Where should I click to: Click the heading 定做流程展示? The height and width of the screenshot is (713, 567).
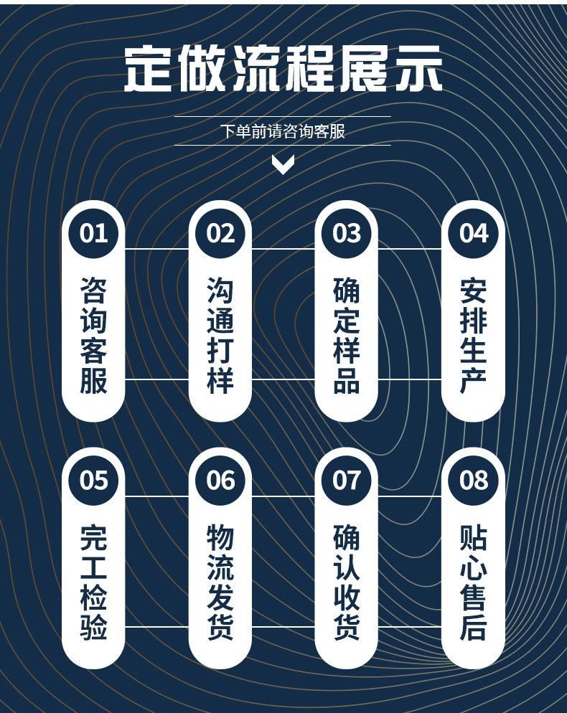[283, 70]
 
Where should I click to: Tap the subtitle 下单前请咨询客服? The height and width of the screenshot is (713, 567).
[283, 131]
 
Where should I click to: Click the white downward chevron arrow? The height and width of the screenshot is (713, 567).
[283, 166]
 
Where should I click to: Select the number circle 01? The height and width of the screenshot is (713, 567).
[93, 233]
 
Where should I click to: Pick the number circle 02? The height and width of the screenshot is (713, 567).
[220, 233]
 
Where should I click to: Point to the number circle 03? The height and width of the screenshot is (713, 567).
[347, 233]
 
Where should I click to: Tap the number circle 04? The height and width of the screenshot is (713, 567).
[473, 233]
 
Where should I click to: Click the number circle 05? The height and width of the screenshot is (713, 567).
[93, 479]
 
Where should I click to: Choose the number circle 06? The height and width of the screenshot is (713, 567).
[220, 479]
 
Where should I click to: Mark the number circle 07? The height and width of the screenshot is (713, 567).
[347, 479]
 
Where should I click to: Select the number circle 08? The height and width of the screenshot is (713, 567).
[473, 479]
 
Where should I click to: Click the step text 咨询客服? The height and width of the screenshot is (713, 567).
[93, 336]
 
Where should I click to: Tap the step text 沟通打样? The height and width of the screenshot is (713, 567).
[220, 336]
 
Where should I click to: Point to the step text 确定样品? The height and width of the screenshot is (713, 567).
[347, 336]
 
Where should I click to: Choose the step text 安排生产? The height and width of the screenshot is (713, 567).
[473, 336]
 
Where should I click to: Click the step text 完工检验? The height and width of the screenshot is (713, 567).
[93, 582]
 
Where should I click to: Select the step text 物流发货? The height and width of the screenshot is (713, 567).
[220, 582]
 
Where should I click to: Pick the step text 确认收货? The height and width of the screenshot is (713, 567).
[347, 582]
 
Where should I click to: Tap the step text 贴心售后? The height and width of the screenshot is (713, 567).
[473, 582]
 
